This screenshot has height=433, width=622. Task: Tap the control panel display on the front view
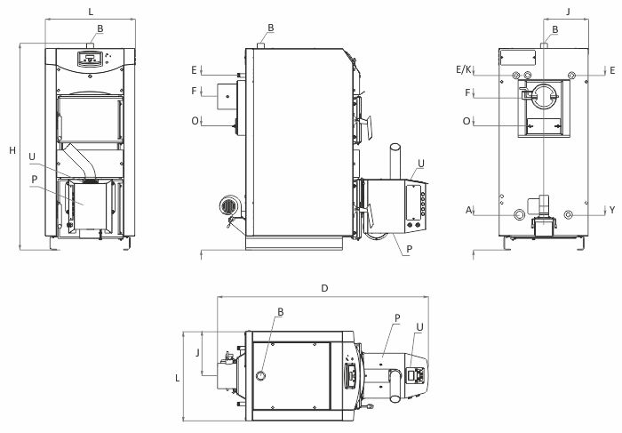pos(88,59)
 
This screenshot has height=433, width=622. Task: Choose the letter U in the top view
pos(420,326)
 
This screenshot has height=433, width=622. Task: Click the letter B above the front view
pos(100,28)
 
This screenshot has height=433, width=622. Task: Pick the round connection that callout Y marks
pos(569,214)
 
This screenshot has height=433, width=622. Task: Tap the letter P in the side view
pos(406,250)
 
